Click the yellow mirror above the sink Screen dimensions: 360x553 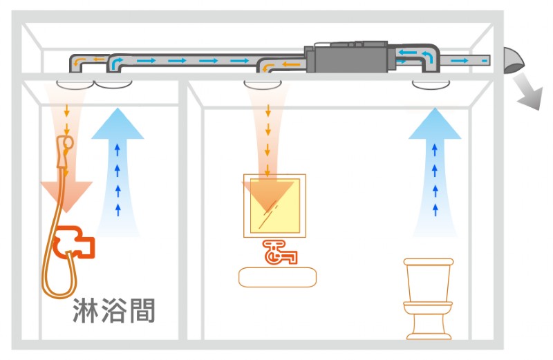[274, 205]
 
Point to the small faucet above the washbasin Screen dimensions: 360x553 [279, 252]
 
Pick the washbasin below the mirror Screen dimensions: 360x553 [278, 277]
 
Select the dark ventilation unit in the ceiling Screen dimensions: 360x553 [350, 55]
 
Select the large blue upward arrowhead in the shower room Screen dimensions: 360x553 [119, 124]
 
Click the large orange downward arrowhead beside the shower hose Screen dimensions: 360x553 [66, 194]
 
